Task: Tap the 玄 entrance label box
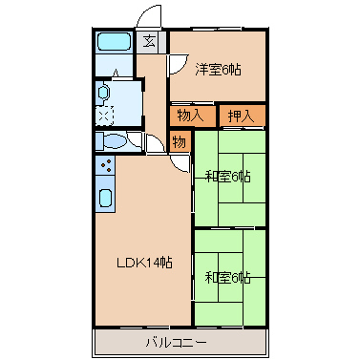pos(151,40)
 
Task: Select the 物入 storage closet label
pos(190,116)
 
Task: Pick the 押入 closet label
pos(241,116)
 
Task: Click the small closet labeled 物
pos(179,141)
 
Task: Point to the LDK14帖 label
pos(144,262)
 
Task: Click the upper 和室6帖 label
pos(227,176)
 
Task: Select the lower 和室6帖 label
pos(227,278)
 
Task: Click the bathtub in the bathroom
pos(115,43)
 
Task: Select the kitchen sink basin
pos(105,201)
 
